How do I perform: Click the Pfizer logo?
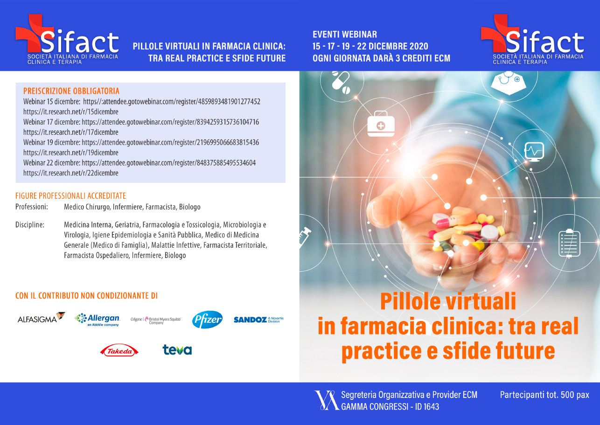[207, 320]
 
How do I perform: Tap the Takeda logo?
[119, 350]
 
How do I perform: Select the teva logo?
[177, 350]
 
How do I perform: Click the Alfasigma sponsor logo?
[41, 318]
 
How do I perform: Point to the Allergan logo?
[97, 320]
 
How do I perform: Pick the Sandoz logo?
[258, 320]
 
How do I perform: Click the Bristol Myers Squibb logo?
[156, 320]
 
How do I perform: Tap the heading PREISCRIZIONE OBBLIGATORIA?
[71, 91]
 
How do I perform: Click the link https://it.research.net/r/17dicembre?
[71, 132]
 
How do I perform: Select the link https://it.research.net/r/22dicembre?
[71, 173]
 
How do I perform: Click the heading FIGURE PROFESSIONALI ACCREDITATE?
[71, 196]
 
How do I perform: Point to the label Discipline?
[30, 225]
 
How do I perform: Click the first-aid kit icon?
[381, 124]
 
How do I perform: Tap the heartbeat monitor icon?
[534, 152]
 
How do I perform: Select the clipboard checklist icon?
[569, 243]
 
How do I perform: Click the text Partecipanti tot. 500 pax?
[544, 395]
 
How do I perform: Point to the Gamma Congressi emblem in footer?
[326, 400]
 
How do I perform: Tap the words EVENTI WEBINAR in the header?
[345, 35]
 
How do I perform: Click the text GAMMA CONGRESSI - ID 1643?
[390, 407]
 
